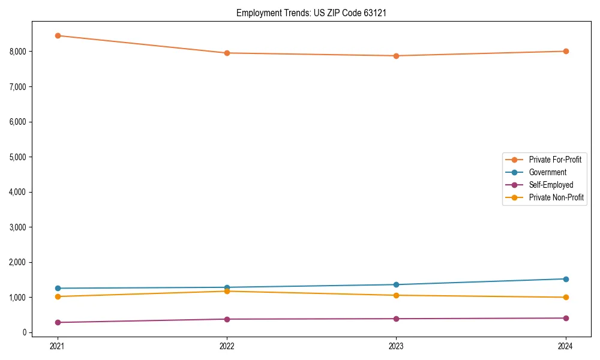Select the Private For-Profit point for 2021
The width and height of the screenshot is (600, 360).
(58, 35)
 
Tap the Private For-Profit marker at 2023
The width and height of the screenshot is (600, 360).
(396, 56)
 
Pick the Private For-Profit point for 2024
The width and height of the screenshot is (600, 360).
(566, 51)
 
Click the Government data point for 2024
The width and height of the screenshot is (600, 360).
(566, 279)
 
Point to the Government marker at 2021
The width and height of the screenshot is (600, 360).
(58, 288)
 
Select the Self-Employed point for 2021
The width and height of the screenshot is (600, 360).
(58, 322)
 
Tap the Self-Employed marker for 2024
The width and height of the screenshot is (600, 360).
(566, 318)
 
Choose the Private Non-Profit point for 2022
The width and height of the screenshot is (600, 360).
(227, 291)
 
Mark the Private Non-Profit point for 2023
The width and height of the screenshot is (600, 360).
(396, 295)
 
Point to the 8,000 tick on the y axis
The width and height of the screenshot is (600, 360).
(18, 52)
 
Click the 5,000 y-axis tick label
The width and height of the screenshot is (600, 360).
(18, 157)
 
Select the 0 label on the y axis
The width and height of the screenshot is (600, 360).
(25, 332)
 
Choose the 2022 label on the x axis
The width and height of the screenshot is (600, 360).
(227, 346)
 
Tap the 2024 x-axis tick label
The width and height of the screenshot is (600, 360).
(566, 346)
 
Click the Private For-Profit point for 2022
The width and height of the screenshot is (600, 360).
(227, 53)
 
